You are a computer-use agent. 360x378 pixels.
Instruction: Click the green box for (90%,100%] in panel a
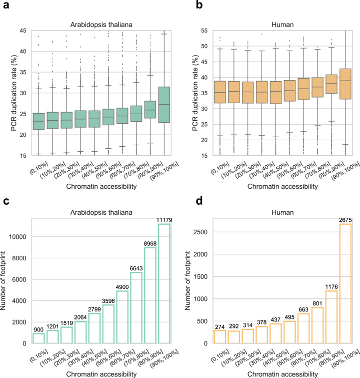pos(164,104)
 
